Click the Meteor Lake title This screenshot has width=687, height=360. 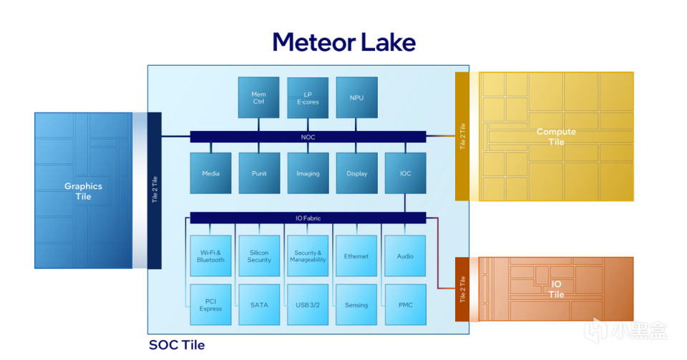(x=343, y=42)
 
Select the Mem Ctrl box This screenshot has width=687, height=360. (x=258, y=98)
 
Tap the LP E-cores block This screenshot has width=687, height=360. (x=308, y=98)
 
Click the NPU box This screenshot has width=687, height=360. (x=356, y=98)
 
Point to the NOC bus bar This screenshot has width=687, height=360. (x=308, y=137)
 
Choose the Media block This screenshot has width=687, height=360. (x=210, y=173)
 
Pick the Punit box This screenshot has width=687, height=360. (x=259, y=173)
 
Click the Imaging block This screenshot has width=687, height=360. (x=308, y=173)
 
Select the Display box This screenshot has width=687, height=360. (x=356, y=173)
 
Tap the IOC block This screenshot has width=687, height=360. (x=405, y=173)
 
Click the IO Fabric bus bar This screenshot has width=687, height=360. (x=308, y=218)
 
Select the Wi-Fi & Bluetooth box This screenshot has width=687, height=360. (x=210, y=256)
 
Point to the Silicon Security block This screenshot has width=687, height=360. (x=259, y=256)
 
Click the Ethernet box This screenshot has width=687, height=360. (x=356, y=256)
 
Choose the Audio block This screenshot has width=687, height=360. (x=405, y=256)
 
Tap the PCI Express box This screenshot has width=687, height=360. (x=210, y=305)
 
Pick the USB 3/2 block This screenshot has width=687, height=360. (x=308, y=305)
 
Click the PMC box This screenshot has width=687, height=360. (x=405, y=305)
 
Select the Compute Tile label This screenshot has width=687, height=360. (x=556, y=137)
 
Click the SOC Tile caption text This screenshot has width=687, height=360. (x=177, y=345)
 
